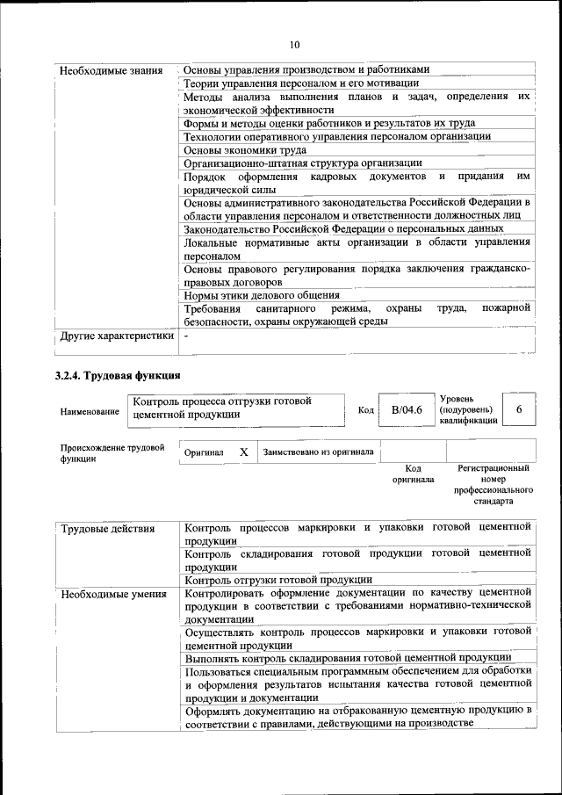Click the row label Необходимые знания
(x=110, y=69)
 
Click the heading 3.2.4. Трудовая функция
(x=118, y=376)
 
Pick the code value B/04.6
(x=407, y=409)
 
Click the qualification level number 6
(x=519, y=409)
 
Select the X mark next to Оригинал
(x=244, y=452)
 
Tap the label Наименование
(x=90, y=411)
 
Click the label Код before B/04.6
(x=366, y=410)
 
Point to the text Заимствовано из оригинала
(x=318, y=452)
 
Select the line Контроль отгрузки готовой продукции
(x=278, y=580)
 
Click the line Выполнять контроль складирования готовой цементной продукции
(x=349, y=657)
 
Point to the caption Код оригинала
(x=407, y=474)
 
